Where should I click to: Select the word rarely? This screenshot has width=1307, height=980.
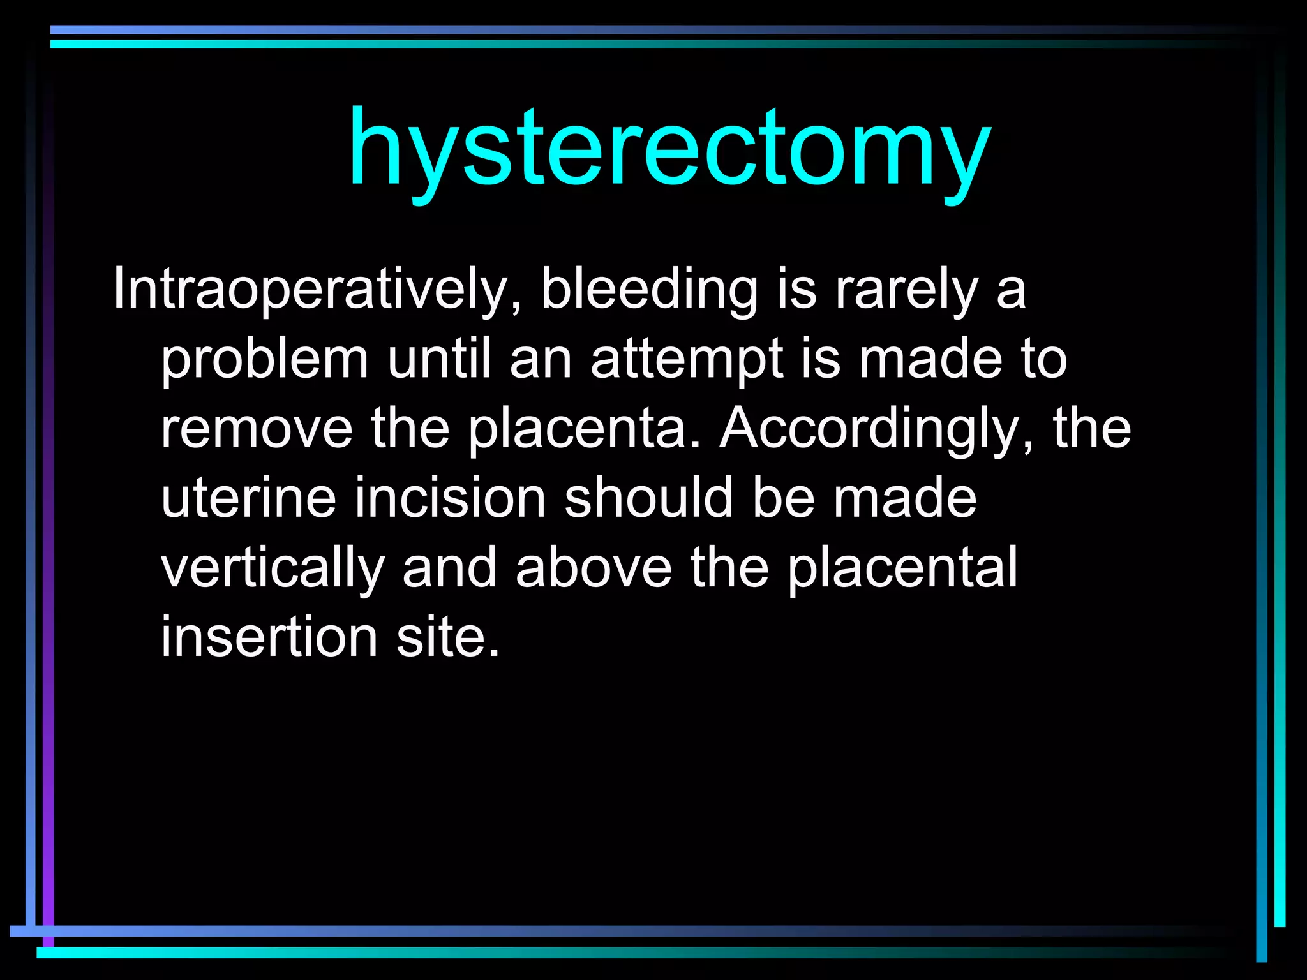pos(907,290)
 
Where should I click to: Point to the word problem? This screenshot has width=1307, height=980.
pos(264,360)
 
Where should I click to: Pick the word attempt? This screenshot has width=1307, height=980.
pos(685,360)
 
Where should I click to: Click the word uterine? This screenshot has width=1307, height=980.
pos(248,498)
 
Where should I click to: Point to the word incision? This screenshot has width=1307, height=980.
pos(450,498)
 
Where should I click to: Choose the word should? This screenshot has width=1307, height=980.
pos(648,498)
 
